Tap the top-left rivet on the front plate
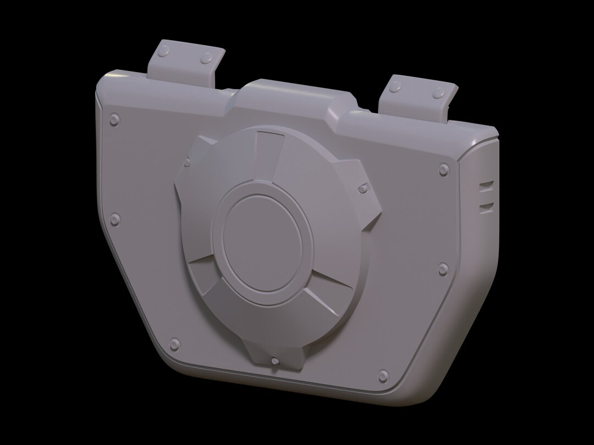(115, 119)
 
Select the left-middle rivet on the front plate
(114, 220)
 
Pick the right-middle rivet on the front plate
(443, 268)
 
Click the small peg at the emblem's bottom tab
(274, 361)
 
